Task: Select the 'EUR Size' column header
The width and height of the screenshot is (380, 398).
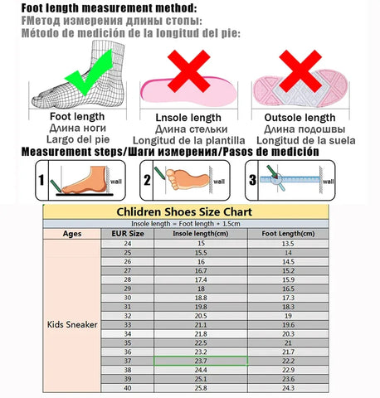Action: click(x=128, y=233)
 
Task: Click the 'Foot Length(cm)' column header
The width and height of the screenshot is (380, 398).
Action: click(x=288, y=233)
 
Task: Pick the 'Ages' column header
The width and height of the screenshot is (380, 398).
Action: click(x=73, y=233)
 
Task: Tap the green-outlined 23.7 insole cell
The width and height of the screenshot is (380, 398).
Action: click(x=200, y=361)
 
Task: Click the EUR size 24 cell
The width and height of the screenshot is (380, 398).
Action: click(x=128, y=243)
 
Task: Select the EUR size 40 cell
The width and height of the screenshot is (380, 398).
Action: click(x=128, y=388)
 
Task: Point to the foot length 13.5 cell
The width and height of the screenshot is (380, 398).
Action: click(x=288, y=243)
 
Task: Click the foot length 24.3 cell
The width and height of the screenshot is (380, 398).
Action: click(x=288, y=388)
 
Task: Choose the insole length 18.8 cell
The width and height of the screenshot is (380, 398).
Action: click(x=200, y=297)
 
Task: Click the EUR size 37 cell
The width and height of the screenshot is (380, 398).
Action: click(x=128, y=361)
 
